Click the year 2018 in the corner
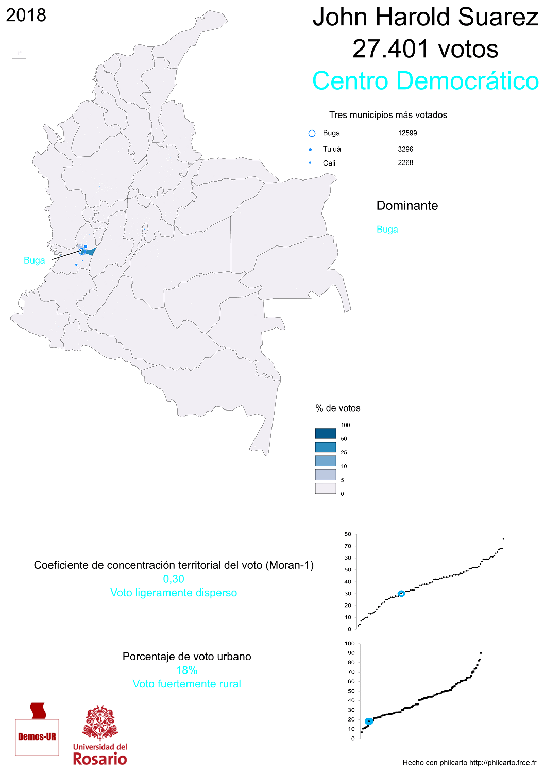pos(26,15)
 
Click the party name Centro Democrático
pos(426,81)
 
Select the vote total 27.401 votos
pos(426,49)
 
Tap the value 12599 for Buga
pos(407,133)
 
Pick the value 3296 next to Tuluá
pos(405,149)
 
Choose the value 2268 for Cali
pos(405,162)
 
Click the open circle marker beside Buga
pos(312,134)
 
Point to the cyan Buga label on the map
pos(34,260)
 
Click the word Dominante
pos(407,206)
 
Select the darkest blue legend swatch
pos(326,433)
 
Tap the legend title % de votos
pos(338,408)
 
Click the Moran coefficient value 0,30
pos(174,579)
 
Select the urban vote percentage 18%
pos(186,670)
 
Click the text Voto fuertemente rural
pos(186,684)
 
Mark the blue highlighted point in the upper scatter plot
pos(401,594)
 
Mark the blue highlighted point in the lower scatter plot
pos(369,722)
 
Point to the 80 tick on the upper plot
pos(348,534)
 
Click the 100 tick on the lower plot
pos(350,644)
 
